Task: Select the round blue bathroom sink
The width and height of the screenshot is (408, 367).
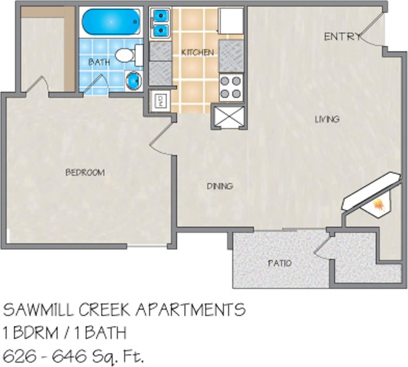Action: tap(134, 81)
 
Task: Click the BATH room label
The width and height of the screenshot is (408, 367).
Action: tap(99, 62)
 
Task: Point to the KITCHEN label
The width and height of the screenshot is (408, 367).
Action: tap(197, 52)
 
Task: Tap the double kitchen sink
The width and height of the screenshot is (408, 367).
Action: tap(161, 23)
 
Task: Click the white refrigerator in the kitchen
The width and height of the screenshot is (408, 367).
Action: tap(231, 21)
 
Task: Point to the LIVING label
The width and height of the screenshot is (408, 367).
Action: tap(327, 119)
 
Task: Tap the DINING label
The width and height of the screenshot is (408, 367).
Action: tap(220, 186)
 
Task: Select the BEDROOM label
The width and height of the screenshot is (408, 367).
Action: tap(85, 172)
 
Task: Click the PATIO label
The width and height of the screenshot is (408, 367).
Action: tap(280, 263)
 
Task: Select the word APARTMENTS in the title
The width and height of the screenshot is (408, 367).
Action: tap(190, 310)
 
